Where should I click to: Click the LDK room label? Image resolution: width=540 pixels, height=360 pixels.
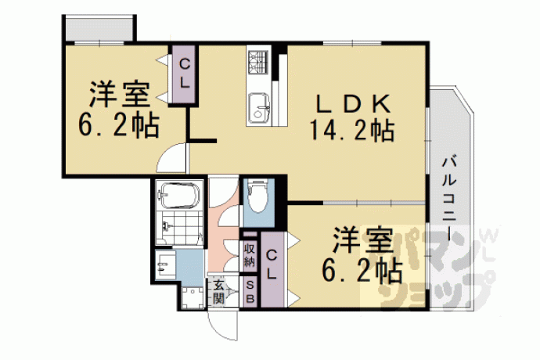click(x=354, y=103)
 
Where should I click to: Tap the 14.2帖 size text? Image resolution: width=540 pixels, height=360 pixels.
click(x=352, y=130)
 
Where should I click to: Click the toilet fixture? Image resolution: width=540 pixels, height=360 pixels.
click(x=258, y=196)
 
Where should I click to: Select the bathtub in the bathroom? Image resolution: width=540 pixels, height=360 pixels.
click(x=178, y=195)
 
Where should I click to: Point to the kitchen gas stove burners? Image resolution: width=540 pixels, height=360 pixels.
click(x=258, y=61)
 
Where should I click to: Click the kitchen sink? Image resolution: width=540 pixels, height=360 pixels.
click(x=259, y=106)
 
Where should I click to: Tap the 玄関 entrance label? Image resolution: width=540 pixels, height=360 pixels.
click(x=218, y=292)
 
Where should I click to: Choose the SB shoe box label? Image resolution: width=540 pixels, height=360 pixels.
click(x=250, y=292)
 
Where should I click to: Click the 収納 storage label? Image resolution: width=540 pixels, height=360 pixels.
click(x=250, y=254)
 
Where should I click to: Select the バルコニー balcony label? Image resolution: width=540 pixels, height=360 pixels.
click(x=449, y=199)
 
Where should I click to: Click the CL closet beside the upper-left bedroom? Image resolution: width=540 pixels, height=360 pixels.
click(x=185, y=74)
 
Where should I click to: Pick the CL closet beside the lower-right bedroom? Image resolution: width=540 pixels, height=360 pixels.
click(x=272, y=269)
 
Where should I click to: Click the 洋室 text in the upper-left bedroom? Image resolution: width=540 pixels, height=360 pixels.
click(x=120, y=95)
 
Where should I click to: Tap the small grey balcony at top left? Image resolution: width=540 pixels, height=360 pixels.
click(x=99, y=29)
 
